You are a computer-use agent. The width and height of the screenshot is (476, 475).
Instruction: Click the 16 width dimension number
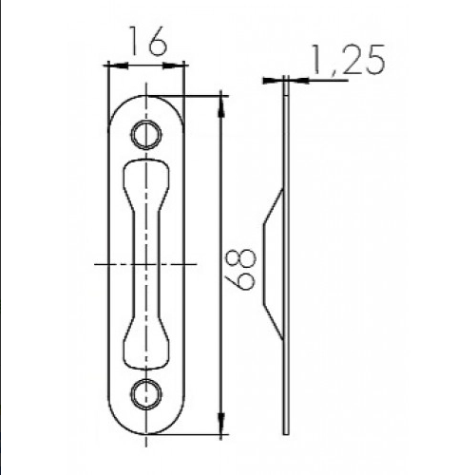(x=147, y=41)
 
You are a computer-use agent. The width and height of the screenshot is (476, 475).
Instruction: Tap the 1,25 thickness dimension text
(x=349, y=60)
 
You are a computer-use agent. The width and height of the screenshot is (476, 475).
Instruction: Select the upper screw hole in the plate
(x=146, y=135)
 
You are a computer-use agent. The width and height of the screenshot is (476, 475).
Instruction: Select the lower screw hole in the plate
(x=146, y=394)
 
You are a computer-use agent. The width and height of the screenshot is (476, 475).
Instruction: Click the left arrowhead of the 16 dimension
(x=118, y=66)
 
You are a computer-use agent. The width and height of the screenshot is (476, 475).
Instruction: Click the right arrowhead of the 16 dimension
(x=173, y=66)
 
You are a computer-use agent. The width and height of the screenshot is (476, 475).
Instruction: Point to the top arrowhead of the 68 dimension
(x=221, y=105)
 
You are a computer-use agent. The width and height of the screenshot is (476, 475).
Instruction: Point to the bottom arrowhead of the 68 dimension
(x=221, y=424)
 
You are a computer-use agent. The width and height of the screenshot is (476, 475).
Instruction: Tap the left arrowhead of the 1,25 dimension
(x=273, y=81)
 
